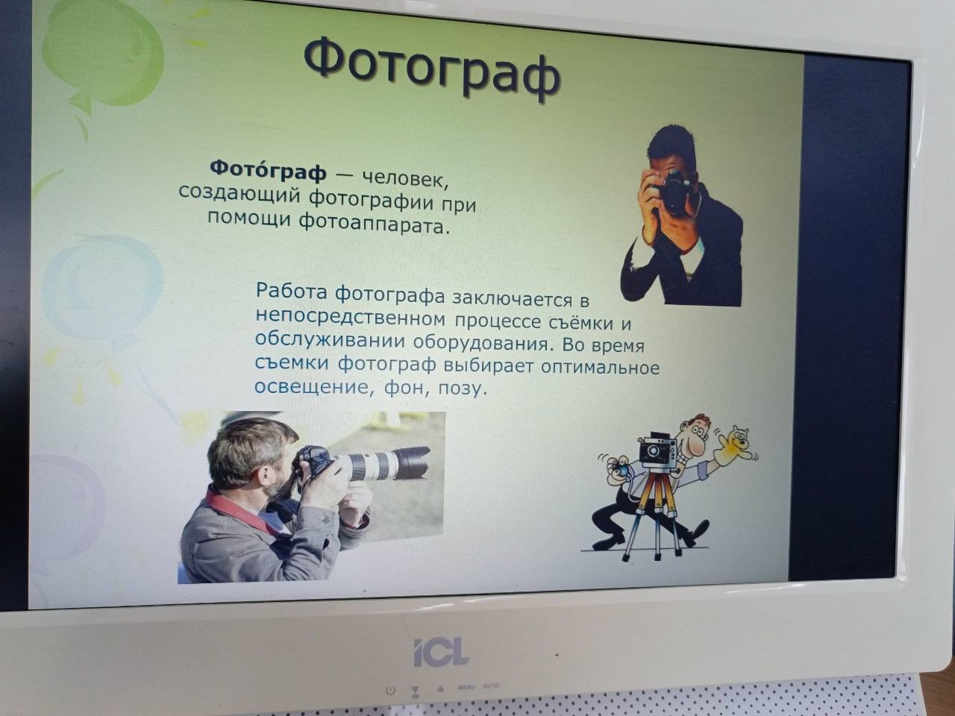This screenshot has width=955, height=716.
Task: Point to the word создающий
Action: click(239, 193)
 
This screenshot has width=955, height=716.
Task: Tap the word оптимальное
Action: click(600, 367)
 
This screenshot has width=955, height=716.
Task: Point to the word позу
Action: click(462, 388)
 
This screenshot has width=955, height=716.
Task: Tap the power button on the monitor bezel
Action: click(390, 690)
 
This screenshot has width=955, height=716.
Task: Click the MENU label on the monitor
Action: click(466, 688)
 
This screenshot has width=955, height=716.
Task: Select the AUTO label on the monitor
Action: click(491, 686)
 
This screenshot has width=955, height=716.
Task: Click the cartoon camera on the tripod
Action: click(658, 451)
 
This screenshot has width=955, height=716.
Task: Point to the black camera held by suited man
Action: click(672, 192)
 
